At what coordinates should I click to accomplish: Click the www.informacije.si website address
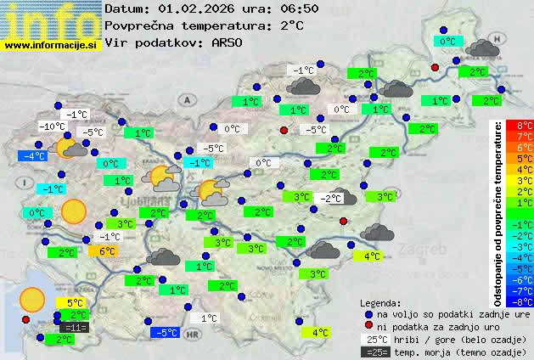[51, 45]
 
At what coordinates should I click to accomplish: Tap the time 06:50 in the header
[301, 9]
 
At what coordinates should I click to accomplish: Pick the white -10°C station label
[52, 127]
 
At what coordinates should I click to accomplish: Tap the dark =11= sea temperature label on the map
[74, 328]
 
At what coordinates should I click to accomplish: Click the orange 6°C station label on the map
[106, 251]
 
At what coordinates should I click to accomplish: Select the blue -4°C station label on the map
[34, 156]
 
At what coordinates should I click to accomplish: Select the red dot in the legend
[368, 326]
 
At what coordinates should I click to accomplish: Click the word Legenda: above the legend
[380, 302]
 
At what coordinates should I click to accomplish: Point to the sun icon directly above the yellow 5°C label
[32, 298]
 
